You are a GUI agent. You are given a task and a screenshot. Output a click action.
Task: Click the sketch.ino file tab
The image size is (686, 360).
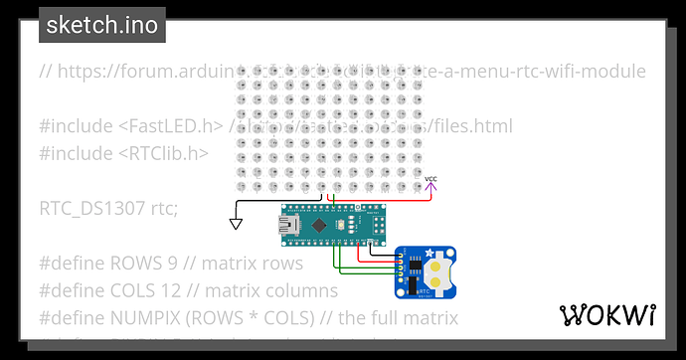click(x=101, y=25)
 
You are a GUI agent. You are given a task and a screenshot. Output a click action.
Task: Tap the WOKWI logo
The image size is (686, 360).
click(x=607, y=315)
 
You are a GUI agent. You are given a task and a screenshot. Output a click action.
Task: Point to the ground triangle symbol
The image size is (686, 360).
click(x=236, y=223)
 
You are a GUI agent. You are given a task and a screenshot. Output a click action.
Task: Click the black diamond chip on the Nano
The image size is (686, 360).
click(x=319, y=228)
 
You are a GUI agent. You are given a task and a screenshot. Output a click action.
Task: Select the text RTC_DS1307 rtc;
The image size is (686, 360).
click(x=108, y=209)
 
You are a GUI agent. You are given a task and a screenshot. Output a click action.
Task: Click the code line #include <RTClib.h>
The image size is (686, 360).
click(x=123, y=153)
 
